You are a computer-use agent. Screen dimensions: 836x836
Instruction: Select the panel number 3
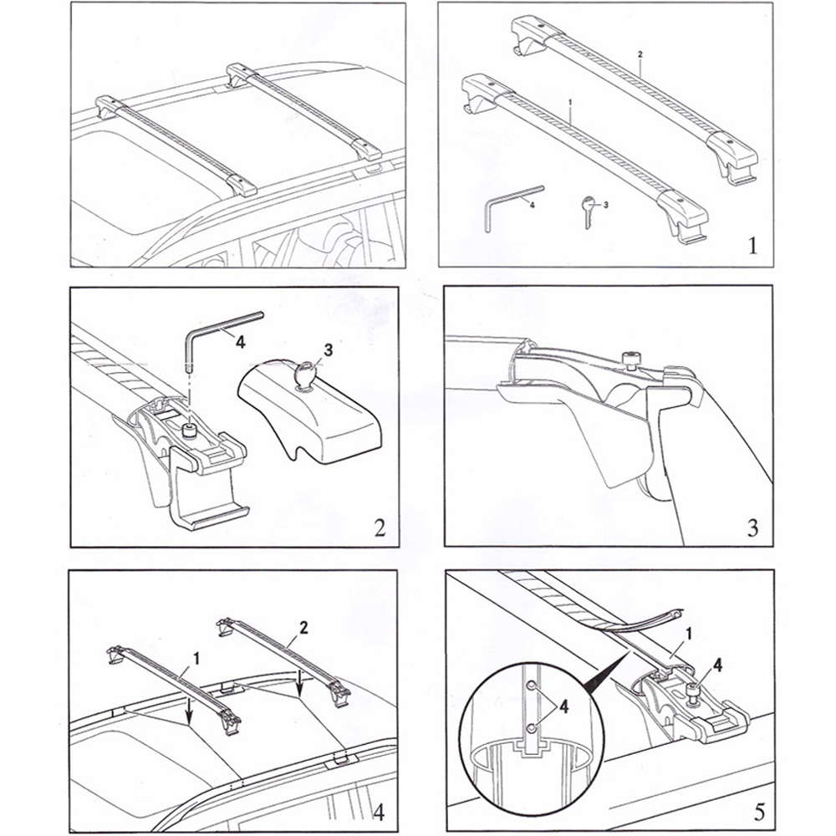752,528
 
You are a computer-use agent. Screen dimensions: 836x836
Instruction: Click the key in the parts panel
588,209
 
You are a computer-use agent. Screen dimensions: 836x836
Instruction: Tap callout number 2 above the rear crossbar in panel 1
640,54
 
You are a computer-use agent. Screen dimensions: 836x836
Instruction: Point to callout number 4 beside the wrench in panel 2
240,341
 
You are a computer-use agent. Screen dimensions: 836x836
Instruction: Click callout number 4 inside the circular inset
564,706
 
